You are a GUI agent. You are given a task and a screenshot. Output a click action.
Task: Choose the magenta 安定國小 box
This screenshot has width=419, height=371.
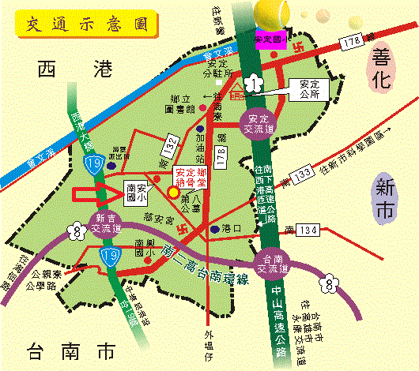[x=270, y=38]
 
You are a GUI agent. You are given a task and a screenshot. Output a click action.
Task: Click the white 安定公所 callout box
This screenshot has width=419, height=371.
[x=308, y=88]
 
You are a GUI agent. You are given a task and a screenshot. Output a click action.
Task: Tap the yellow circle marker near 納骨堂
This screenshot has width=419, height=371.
[x=173, y=190]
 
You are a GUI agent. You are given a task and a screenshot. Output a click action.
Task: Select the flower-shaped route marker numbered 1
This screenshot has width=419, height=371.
[x=251, y=81]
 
